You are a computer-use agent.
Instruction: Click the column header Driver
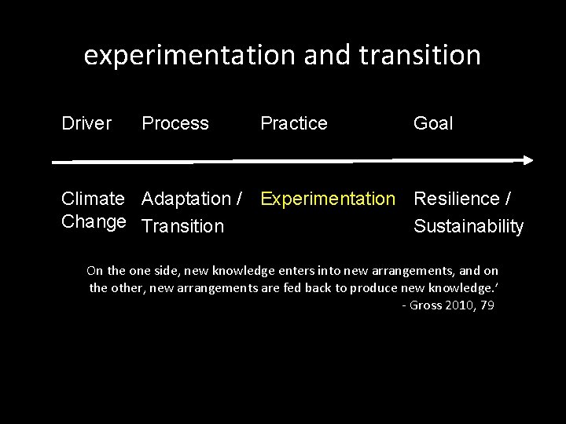point(86,123)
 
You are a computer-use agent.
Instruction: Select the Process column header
point(175,123)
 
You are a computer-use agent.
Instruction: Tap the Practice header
point(293,123)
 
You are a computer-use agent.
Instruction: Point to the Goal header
point(432,123)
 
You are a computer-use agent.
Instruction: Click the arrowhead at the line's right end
point(527,160)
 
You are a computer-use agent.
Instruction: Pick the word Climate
point(93,199)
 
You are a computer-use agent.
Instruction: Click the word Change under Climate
point(93,221)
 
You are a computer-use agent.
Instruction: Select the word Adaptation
point(186,199)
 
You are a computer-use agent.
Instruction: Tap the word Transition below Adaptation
point(182,227)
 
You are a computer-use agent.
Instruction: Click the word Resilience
point(456,199)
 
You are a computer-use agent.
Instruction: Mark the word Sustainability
point(468,227)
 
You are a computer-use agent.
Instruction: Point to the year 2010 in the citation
point(459,305)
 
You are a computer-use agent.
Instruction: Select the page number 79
point(487,305)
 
